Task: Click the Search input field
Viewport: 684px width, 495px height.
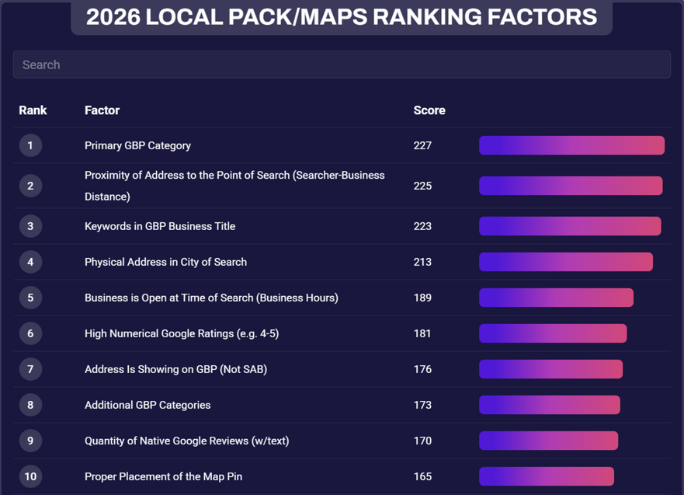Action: click(342, 64)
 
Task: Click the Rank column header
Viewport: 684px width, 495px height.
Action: click(33, 110)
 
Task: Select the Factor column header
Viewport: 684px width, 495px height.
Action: click(102, 110)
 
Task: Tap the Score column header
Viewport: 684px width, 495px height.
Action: click(429, 110)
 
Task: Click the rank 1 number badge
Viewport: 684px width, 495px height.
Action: click(30, 145)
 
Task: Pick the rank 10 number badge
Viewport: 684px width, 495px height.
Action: click(30, 476)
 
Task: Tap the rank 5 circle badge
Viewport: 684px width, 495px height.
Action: click(30, 298)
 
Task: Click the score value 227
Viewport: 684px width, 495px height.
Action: click(422, 145)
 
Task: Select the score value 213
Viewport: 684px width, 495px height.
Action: click(422, 262)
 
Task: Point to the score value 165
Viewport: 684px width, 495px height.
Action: click(422, 476)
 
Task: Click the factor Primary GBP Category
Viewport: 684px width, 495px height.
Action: click(137, 146)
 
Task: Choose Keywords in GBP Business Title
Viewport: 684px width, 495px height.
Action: click(160, 226)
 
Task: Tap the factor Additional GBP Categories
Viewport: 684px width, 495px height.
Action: click(148, 405)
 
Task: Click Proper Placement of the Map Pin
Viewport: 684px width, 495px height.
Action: click(163, 476)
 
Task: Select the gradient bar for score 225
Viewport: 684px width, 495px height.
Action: click(571, 186)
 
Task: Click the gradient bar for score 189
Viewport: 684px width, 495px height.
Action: click(556, 298)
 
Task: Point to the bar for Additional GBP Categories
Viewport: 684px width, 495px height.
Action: click(549, 405)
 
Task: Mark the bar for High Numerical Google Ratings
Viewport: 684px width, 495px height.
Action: click(553, 333)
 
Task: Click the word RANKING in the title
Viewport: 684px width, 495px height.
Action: click(426, 17)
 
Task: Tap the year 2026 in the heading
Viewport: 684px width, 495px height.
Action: click(113, 17)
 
